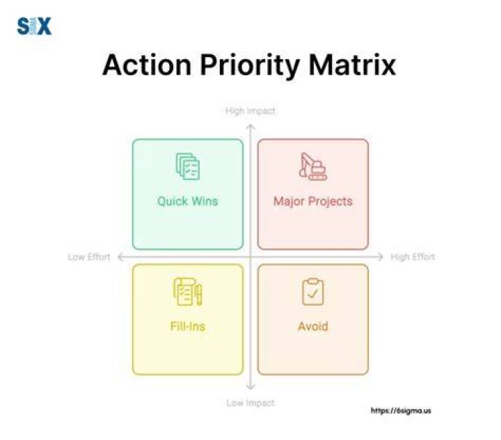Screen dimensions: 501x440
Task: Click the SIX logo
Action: click(x=34, y=26)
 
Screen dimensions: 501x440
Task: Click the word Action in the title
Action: click(x=147, y=65)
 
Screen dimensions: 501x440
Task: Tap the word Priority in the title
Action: click(x=250, y=67)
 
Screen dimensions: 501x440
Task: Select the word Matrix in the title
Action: click(x=352, y=65)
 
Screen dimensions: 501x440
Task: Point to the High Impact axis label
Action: click(x=250, y=111)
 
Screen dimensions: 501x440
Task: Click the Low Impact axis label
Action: click(x=250, y=403)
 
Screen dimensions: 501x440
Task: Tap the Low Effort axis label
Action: click(x=89, y=257)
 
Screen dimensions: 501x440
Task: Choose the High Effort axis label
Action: click(x=413, y=257)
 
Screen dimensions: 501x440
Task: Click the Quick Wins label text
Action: click(x=188, y=201)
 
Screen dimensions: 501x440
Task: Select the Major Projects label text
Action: click(x=313, y=201)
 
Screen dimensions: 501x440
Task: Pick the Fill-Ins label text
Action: click(x=188, y=326)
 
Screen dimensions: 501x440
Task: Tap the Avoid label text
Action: click(x=313, y=326)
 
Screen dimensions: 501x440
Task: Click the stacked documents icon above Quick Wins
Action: click(x=188, y=166)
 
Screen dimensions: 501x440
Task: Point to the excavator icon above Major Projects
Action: click(x=313, y=166)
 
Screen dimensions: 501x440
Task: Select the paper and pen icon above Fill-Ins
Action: click(x=188, y=292)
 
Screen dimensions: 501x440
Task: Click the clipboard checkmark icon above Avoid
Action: click(x=313, y=292)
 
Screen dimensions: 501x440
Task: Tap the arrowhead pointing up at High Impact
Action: click(x=250, y=127)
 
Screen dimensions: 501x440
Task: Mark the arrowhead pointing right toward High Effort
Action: click(x=381, y=257)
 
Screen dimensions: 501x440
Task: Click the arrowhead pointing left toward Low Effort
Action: click(x=120, y=257)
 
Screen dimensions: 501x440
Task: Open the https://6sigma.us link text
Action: click(x=401, y=411)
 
